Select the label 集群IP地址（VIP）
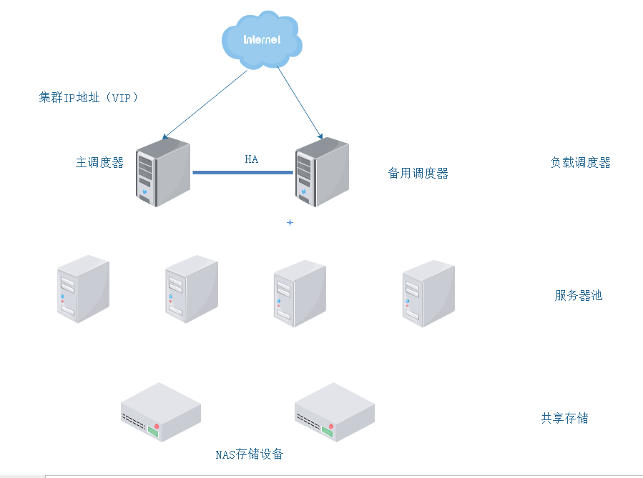pyautogui.click(x=88, y=98)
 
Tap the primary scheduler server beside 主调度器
pyautogui.click(x=164, y=173)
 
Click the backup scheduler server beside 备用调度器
pyautogui.click(x=322, y=173)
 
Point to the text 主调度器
pyautogui.click(x=99, y=163)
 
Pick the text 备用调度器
pyautogui.click(x=418, y=174)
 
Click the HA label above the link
pyautogui.click(x=251, y=159)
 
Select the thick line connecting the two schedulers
pyautogui.click(x=243, y=172)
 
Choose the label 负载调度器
pyautogui.click(x=580, y=163)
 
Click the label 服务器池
pyautogui.click(x=578, y=295)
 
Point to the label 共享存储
pyautogui.click(x=564, y=418)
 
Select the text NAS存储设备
pyautogui.click(x=249, y=454)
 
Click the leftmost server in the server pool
pyautogui.click(x=83, y=289)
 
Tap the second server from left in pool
pyautogui.click(x=191, y=289)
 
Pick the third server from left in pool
pyautogui.click(x=299, y=294)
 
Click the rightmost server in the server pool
pyautogui.click(x=428, y=294)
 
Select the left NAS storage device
pyautogui.click(x=160, y=412)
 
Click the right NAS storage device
pyautogui.click(x=334, y=412)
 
